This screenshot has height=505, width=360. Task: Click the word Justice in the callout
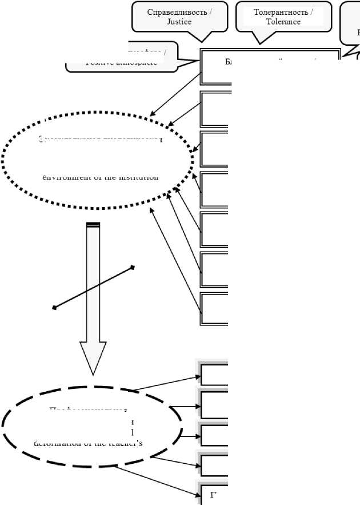pyautogui.click(x=179, y=22)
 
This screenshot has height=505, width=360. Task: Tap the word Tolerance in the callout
pyautogui.click(x=283, y=22)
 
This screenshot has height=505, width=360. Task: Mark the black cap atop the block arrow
pyautogui.click(x=93, y=225)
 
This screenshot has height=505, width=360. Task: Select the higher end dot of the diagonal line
pyautogui.click(x=133, y=267)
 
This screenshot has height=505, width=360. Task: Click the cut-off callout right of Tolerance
pyautogui.click(x=350, y=23)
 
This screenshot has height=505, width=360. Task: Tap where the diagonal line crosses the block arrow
pyautogui.click(x=93, y=288)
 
